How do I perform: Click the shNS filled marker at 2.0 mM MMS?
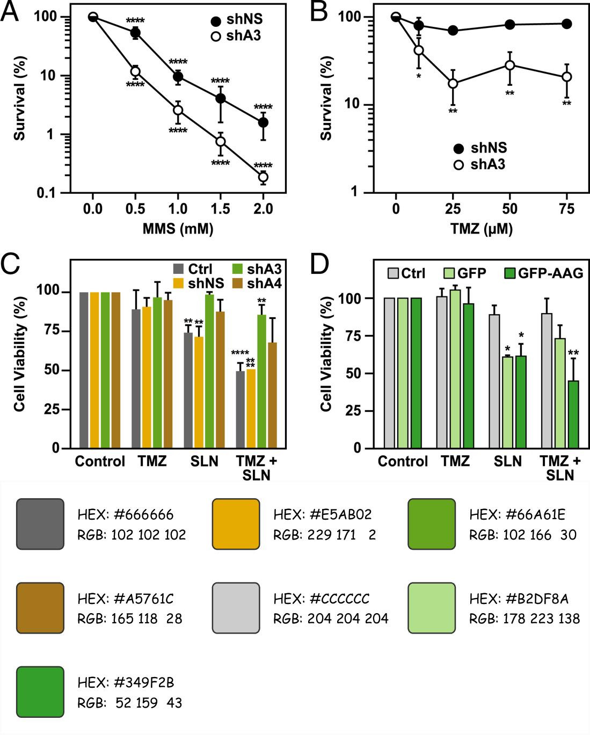(263, 122)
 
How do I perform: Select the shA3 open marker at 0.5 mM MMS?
(135, 71)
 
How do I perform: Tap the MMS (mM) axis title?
(178, 229)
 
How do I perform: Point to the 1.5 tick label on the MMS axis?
(220, 208)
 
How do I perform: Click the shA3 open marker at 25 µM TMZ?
(453, 83)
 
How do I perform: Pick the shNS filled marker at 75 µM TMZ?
(566, 24)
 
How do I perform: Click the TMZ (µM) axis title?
(481, 229)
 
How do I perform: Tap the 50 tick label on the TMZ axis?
(509, 208)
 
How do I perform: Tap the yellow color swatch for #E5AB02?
(236, 524)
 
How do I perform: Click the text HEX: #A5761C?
(126, 599)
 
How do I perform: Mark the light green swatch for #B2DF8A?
(432, 608)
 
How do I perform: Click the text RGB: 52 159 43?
(129, 702)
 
